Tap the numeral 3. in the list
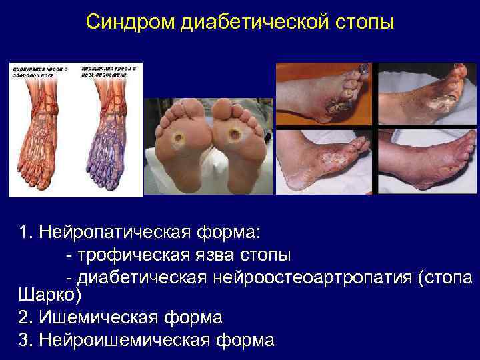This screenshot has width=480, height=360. tap(26, 339)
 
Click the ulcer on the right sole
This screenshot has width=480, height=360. tap(235, 136)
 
